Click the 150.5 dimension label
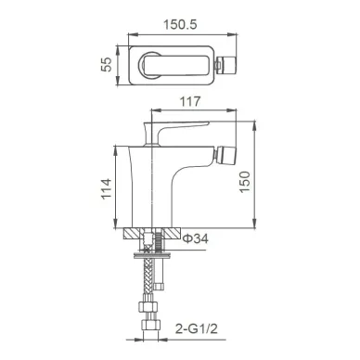[180, 24]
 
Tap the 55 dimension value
[107, 64]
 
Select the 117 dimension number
[190, 101]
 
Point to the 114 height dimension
[107, 188]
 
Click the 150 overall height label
[244, 182]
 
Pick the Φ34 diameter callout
[196, 238]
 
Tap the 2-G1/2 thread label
[197, 328]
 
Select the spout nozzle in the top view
[226, 65]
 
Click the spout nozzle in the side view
[226, 157]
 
